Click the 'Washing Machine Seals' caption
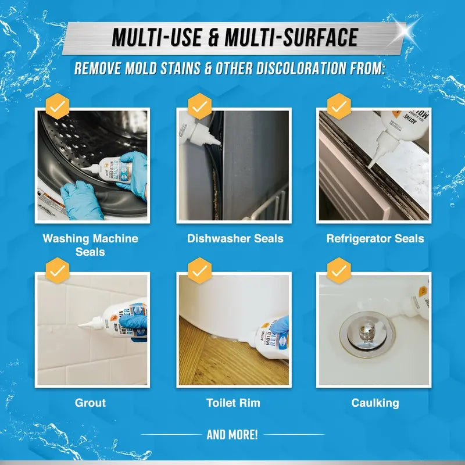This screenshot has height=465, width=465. coord(90,245)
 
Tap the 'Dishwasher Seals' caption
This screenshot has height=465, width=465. coord(235,238)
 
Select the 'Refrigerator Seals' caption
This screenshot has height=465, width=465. coord(375,238)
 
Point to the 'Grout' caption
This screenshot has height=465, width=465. coord(90,402)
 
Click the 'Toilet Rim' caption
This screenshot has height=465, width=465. coord(233,402)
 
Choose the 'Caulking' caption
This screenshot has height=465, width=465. coord(375,402)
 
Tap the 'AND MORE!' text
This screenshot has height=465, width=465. coord(233,434)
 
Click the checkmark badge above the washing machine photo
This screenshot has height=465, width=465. coord(58,106)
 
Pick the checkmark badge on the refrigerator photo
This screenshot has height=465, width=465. coord(339,106)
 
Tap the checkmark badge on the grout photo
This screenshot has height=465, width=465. coord(58,270)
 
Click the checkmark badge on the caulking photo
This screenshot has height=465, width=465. coord(339,270)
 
